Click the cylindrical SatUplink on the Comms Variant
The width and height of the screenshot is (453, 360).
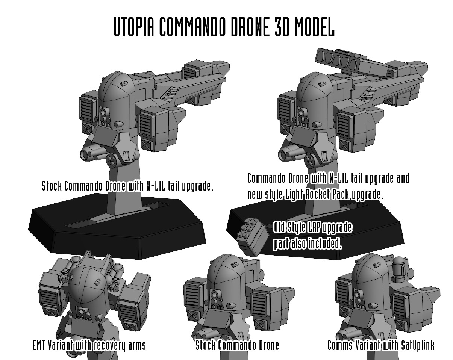398,269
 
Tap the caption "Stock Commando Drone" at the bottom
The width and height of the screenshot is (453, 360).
237,345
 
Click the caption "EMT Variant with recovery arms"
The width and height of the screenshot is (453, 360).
89,346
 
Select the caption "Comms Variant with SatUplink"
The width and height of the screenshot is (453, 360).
381,345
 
